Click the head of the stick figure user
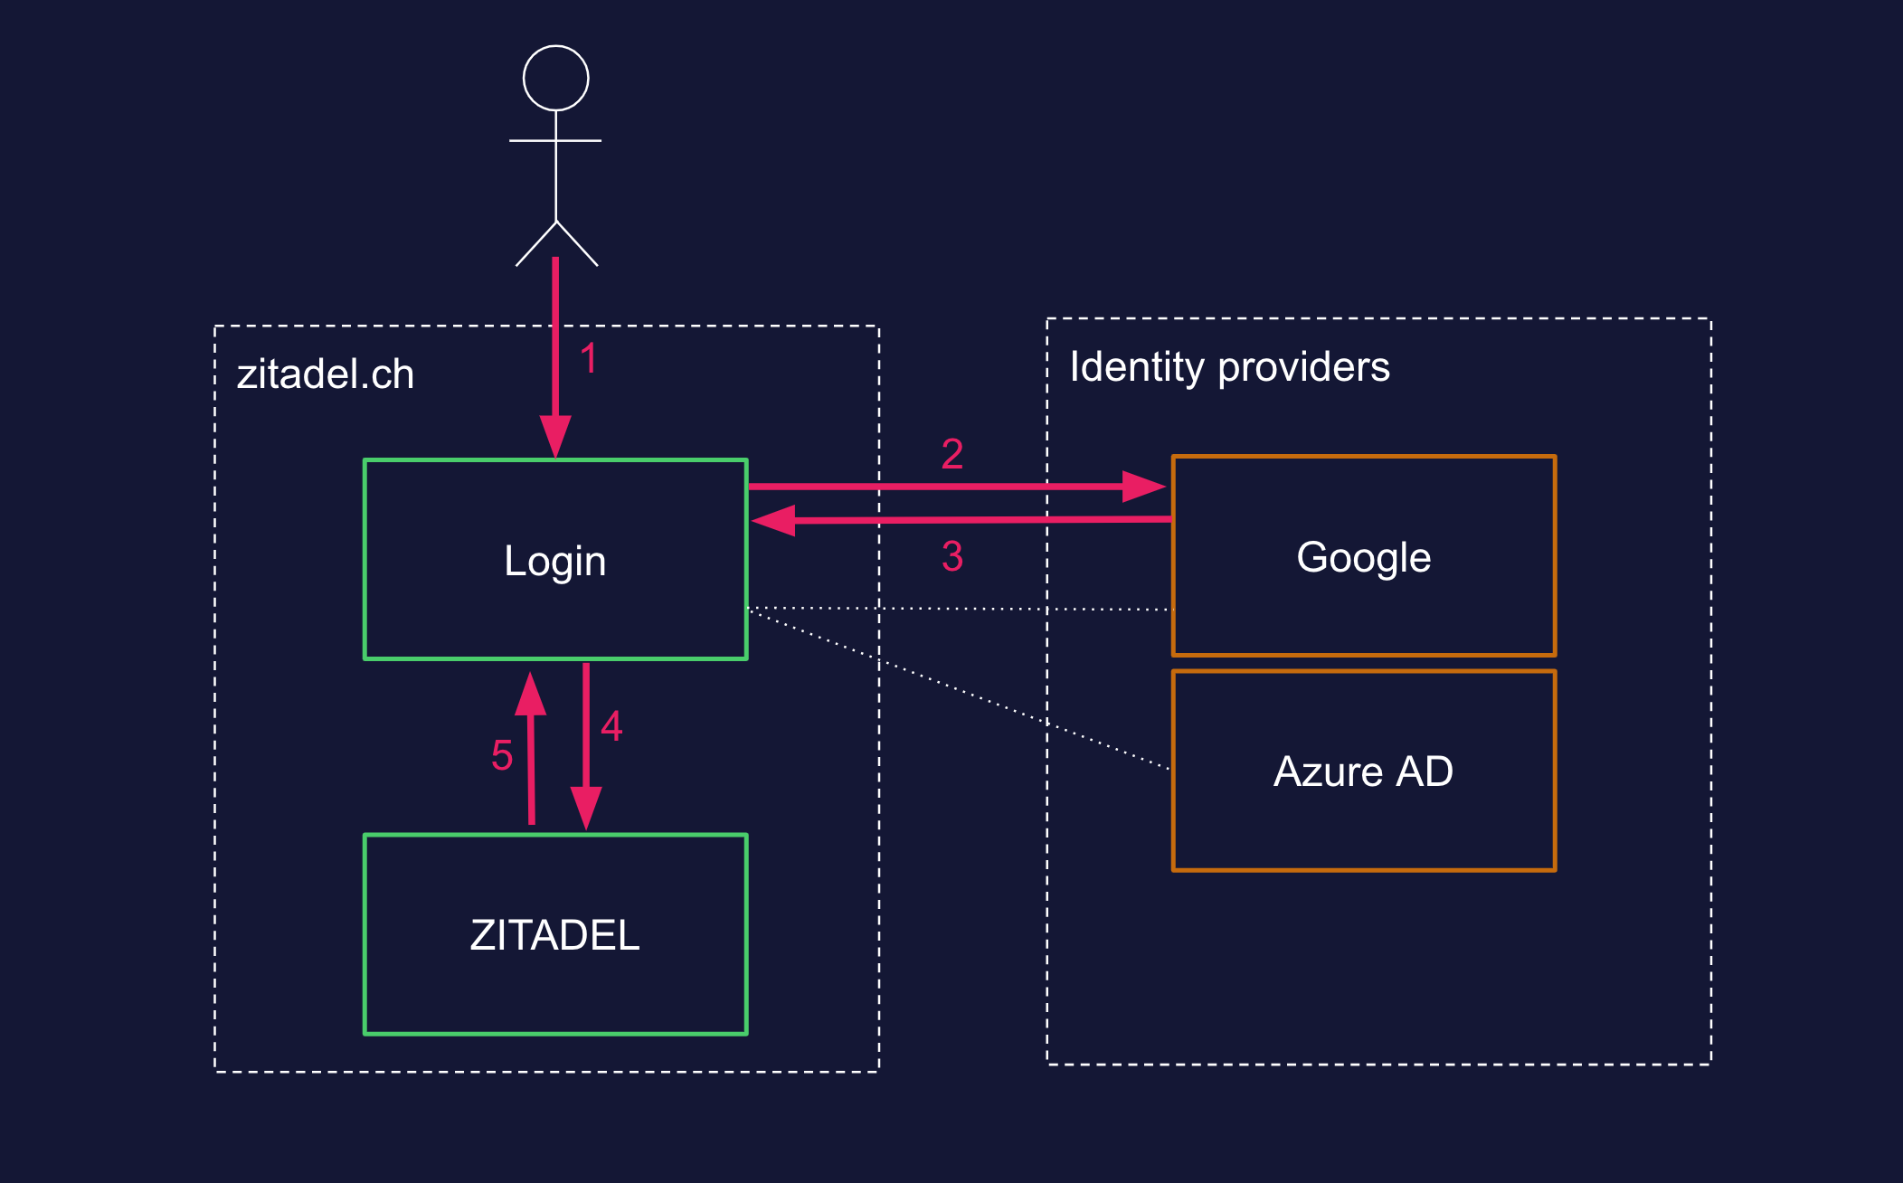pos(555,79)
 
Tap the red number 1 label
pos(589,358)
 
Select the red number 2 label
pos(951,453)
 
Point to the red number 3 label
pos(951,555)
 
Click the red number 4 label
pos(611,725)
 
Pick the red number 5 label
pos(502,755)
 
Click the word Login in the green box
pos(554,561)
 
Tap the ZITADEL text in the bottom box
pos(554,935)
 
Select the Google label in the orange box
pos(1363,557)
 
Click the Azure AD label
pos(1363,771)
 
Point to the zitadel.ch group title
pos(326,374)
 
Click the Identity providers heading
pos(1229,367)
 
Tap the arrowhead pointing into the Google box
pos(1143,487)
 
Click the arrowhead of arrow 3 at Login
pos(774,521)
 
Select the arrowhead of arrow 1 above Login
pos(555,436)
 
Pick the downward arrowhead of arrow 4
pos(586,807)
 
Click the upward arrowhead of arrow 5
pos(530,695)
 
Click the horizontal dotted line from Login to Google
pos(959,609)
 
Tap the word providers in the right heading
pos(1303,367)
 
